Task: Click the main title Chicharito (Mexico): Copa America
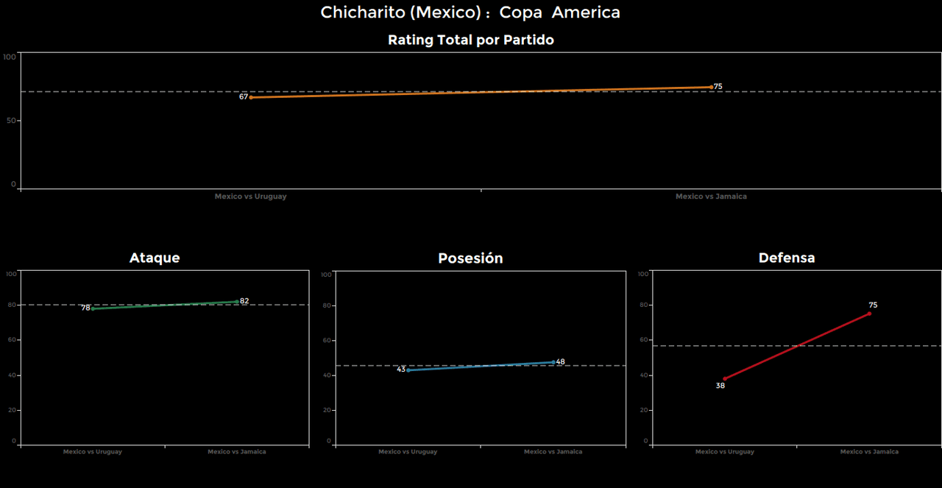pyautogui.click(x=470, y=13)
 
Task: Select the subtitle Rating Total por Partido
pyautogui.click(x=470, y=40)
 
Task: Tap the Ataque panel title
pyautogui.click(x=155, y=258)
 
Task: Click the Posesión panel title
pyautogui.click(x=470, y=258)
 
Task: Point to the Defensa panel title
pyautogui.click(x=787, y=258)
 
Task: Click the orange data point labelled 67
pyautogui.click(x=251, y=97)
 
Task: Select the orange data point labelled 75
pyautogui.click(x=711, y=87)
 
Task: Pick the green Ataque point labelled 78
pyautogui.click(x=92, y=308)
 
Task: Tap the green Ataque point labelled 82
pyautogui.click(x=237, y=301)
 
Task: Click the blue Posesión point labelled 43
pyautogui.click(x=408, y=369)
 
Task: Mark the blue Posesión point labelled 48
pyautogui.click(x=553, y=361)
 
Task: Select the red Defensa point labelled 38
pyautogui.click(x=725, y=378)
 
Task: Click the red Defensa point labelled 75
pyautogui.click(x=869, y=314)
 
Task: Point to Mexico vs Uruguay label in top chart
pyautogui.click(x=251, y=197)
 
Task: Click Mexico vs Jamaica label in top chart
pyautogui.click(x=711, y=197)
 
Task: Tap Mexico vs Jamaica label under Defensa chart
pyautogui.click(x=869, y=452)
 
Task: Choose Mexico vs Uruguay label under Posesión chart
pyautogui.click(x=408, y=452)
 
